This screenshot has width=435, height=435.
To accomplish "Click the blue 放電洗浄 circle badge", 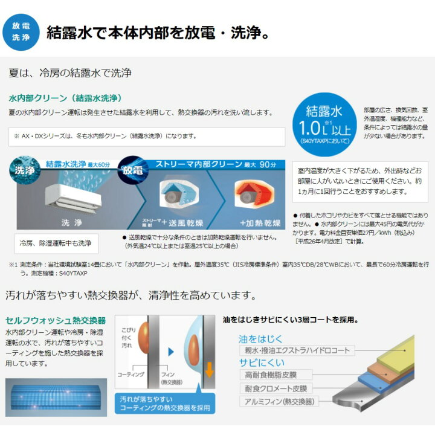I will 22,32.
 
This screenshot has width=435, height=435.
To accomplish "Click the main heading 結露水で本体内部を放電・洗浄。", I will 158,32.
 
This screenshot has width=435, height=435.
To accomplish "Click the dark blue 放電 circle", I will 134,169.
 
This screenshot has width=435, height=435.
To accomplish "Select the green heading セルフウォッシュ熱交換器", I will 55,320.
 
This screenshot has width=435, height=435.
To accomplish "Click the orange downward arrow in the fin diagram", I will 209,368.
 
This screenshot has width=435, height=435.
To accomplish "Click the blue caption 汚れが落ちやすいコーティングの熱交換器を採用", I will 164,403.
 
